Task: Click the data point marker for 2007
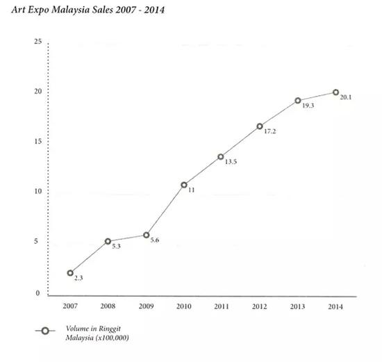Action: click(x=70, y=273)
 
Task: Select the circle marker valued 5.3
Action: click(x=108, y=241)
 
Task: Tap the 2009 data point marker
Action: click(x=146, y=235)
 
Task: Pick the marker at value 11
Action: click(x=184, y=185)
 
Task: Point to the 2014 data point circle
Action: click(x=335, y=92)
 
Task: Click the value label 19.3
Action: click(x=308, y=106)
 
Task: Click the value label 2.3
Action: click(x=78, y=279)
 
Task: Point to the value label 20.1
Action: click(x=347, y=97)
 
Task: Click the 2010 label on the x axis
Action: click(x=183, y=306)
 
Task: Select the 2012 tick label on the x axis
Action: click(x=260, y=306)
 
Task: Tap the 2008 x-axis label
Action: click(x=108, y=306)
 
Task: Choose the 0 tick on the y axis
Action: click(x=39, y=293)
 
